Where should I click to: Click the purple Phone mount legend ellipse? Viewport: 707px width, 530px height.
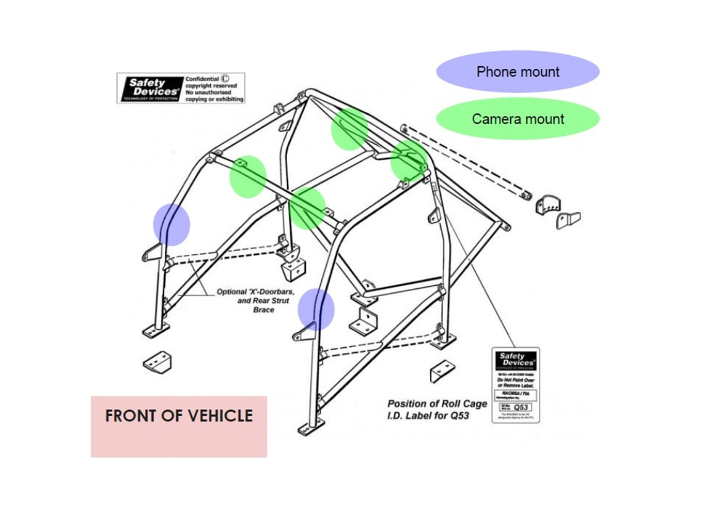tap(518, 72)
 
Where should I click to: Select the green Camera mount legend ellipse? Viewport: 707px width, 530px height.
tap(518, 119)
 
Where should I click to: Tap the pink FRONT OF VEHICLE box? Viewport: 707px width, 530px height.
tap(179, 426)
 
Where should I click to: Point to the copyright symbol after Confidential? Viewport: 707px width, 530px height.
tap(226, 79)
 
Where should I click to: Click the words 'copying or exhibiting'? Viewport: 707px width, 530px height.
tap(215, 99)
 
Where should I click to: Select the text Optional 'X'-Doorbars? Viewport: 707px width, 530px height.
tap(255, 291)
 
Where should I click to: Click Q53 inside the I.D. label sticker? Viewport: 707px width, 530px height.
tap(521, 407)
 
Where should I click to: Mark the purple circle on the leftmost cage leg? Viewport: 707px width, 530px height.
tap(171, 224)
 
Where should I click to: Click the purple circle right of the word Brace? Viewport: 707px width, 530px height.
tap(316, 309)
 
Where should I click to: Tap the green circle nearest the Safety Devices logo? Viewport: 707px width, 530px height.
tap(248, 176)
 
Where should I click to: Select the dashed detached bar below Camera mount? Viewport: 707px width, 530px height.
tap(465, 160)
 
